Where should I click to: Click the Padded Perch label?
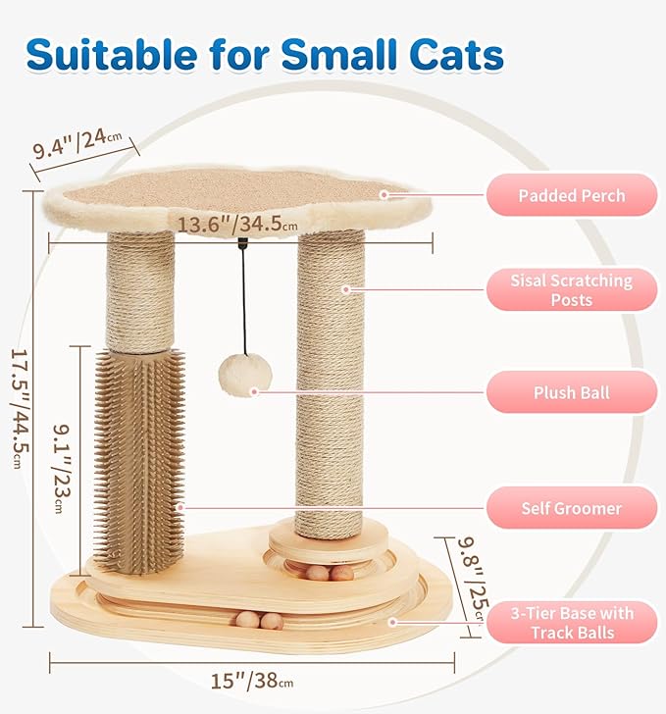[x=572, y=195]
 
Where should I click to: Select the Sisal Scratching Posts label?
[x=572, y=289]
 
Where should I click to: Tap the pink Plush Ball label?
[x=572, y=392]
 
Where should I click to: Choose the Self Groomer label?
[x=572, y=508]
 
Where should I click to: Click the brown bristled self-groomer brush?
[x=139, y=456]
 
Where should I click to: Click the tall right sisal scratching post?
[x=331, y=382]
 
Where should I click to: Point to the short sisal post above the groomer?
[x=140, y=289]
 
